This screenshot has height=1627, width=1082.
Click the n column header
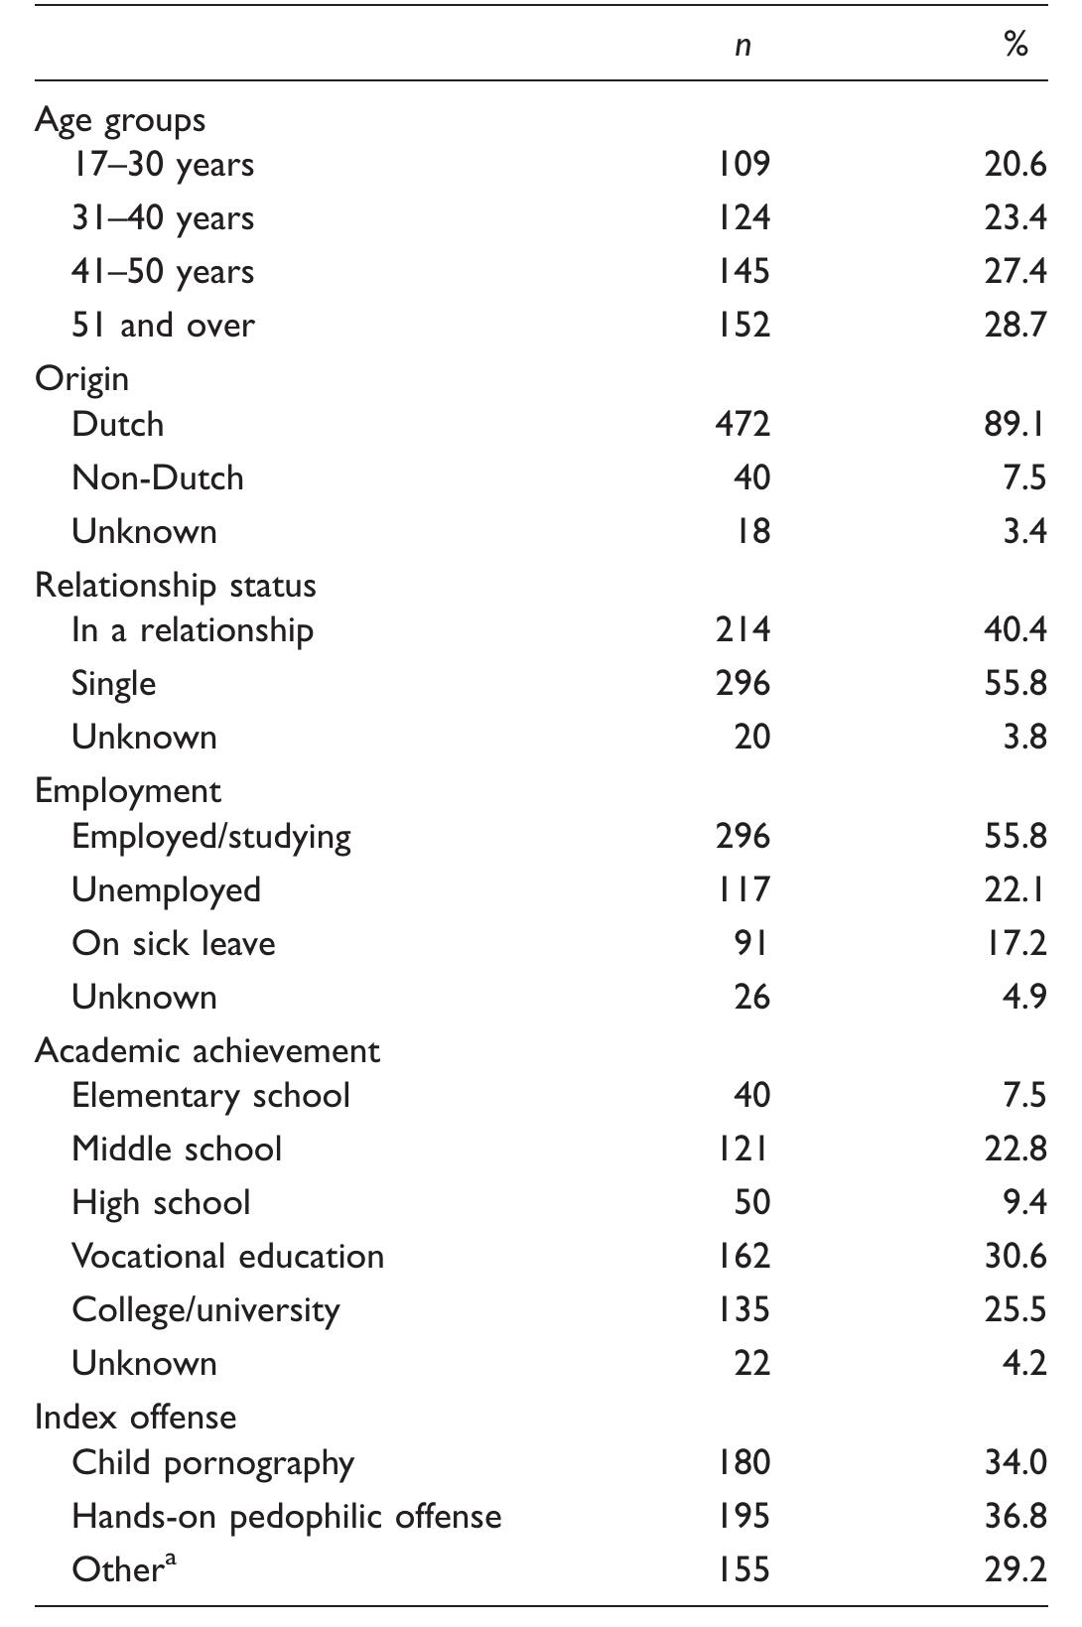tap(743, 46)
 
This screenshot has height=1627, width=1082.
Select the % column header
tap(1015, 44)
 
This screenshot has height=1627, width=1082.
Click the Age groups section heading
tap(120, 120)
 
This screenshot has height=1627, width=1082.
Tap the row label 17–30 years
tap(163, 165)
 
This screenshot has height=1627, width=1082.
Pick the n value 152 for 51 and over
tap(743, 326)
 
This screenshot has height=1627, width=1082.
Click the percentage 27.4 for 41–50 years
tap(1015, 272)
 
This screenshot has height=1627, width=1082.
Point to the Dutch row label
tap(118, 425)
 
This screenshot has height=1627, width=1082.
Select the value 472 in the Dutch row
tap(743, 425)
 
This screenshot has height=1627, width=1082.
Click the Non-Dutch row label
tap(158, 478)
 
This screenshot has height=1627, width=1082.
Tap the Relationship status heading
tap(176, 586)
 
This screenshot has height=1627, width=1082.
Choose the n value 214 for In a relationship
tap(743, 630)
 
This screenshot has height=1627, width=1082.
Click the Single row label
tap(113, 684)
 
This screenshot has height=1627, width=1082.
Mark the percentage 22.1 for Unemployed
tap(1015, 890)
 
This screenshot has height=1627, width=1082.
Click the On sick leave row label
tap(174, 944)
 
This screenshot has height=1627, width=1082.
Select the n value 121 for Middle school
tap(743, 1150)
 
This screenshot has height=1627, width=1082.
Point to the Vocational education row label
tap(227, 1257)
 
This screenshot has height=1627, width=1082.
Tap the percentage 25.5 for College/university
tap(1015, 1310)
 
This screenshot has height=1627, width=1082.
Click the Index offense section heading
tap(135, 1417)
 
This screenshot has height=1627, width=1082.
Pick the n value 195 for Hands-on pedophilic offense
tap(743, 1517)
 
